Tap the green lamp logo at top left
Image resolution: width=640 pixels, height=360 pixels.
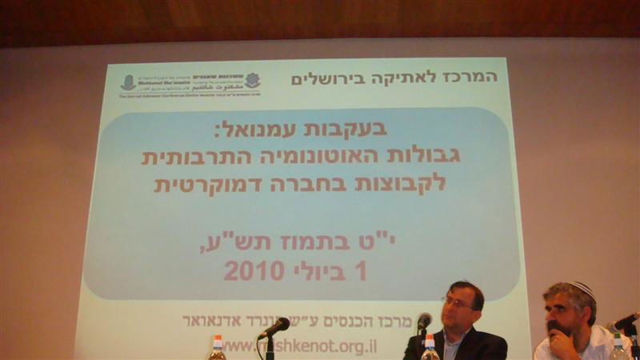tap(128, 82)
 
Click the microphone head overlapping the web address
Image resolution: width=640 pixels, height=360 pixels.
tap(278, 326)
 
